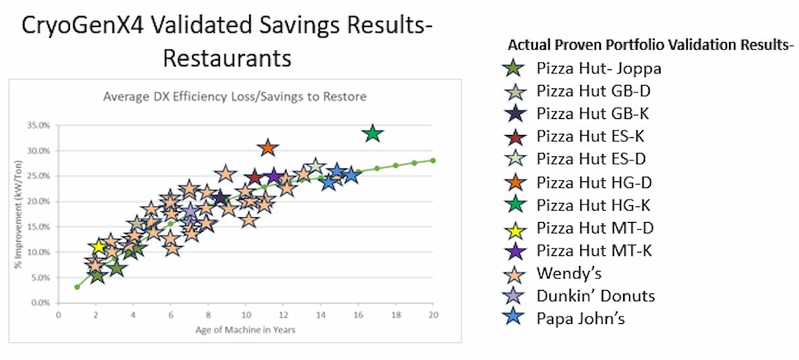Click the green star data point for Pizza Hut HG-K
coord(372,133)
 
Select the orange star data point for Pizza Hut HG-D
coord(267,147)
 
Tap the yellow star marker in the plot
coord(98,247)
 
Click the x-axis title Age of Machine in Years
coord(246,330)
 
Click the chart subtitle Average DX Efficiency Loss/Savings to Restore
coord(235,96)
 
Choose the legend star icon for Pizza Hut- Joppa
coord(513,68)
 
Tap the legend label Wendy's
coord(568,273)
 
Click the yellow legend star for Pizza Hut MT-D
coord(513,228)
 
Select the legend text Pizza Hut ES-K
coord(590,136)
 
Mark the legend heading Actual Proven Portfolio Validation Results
coord(650,46)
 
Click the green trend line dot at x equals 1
coord(77,287)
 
